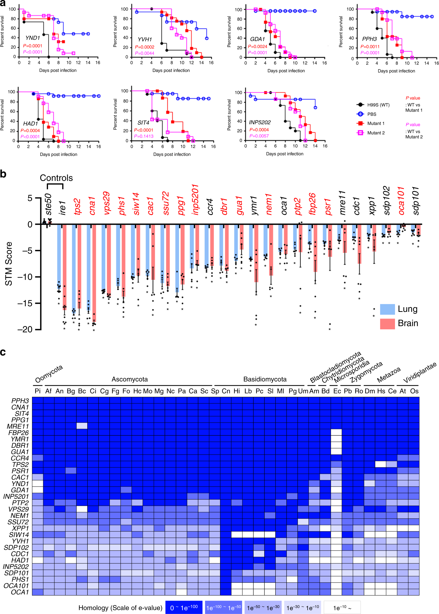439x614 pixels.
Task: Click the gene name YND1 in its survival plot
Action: pos(33,38)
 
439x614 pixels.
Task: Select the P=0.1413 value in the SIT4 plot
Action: pos(143,136)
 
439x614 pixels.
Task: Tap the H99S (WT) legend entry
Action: pos(378,105)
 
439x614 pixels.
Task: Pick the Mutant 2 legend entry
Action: pos(376,133)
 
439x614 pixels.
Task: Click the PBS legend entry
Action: pos(372,114)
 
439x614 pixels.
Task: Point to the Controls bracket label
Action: pos(56,178)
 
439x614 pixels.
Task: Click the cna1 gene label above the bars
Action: pos(92,206)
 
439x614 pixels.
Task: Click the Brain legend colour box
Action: pos(387,323)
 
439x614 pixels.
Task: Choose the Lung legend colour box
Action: pos(387,309)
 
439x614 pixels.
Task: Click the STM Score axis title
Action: pos(9,263)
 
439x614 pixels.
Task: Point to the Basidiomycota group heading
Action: pos(265,379)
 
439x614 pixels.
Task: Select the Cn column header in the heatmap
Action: pos(226,391)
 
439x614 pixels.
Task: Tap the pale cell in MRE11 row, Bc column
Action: pos(82,426)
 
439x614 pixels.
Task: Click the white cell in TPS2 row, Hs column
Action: pos(380,464)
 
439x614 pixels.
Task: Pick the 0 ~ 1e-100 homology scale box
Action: pos(184,608)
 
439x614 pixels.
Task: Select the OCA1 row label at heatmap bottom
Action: pos(20,592)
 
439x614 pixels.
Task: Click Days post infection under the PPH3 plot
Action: pos(396,71)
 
